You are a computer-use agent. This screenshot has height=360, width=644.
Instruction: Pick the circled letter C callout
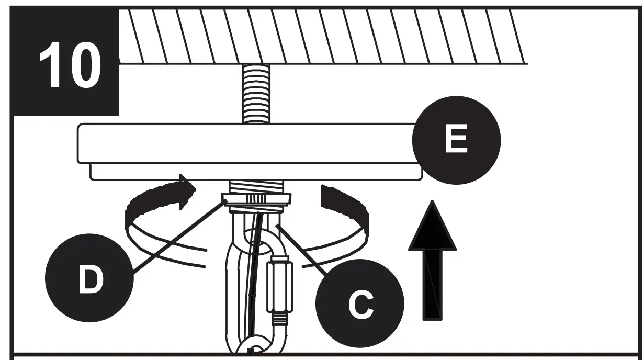coord(360,303)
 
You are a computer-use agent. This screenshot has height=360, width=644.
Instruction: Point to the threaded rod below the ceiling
coord(256,94)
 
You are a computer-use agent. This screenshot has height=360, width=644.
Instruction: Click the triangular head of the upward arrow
coord(432,225)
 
